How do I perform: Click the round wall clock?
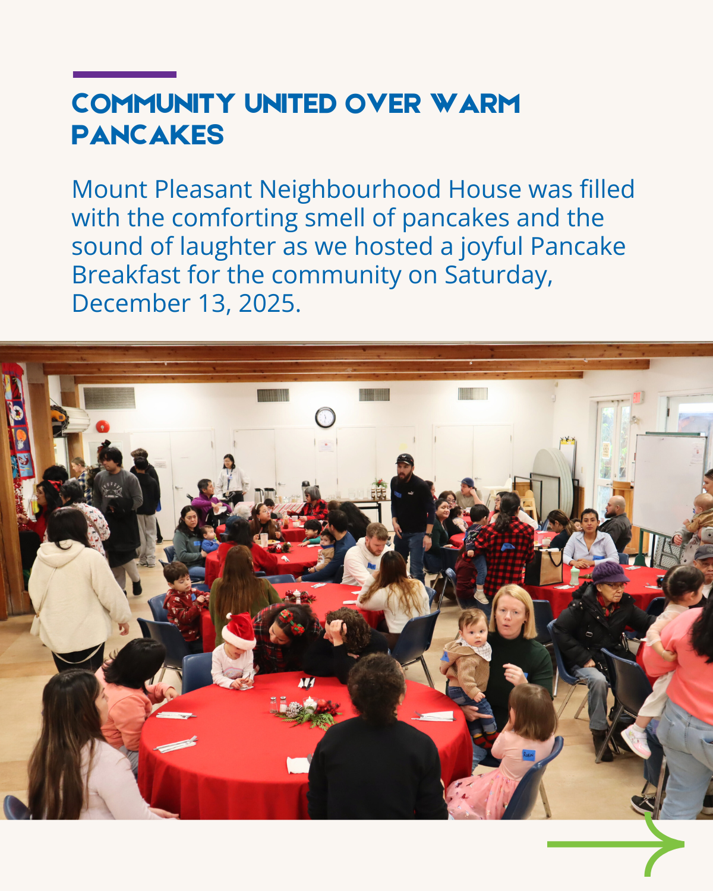pos(325,418)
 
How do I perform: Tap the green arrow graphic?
pos(618,843)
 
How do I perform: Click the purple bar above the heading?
pos(124,75)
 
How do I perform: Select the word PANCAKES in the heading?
pos(148,135)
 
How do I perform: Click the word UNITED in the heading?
pos(291,104)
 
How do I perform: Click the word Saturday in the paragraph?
pos(498,275)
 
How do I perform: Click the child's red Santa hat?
pos(239,631)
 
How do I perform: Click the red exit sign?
pos(637,397)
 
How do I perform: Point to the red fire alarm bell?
pos(103,426)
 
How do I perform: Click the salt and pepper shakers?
pos(277,704)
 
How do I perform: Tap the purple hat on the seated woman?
pos(609,573)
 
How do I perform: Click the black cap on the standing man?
pos(405,459)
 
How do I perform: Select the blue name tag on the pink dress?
pos(528,755)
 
